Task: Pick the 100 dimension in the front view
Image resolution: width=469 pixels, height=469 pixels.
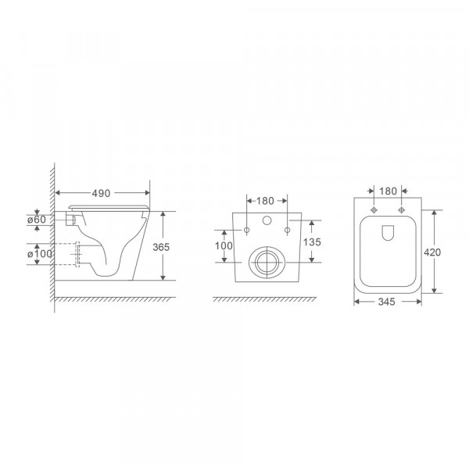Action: point(224,246)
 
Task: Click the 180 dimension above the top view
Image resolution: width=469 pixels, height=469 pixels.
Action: point(387,192)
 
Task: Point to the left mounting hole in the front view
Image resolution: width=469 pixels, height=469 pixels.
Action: point(247,230)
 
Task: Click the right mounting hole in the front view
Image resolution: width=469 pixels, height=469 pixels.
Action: point(287,230)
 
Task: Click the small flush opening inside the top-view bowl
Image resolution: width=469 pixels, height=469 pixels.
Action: point(388,232)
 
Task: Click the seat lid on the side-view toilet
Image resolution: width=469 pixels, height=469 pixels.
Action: point(109,206)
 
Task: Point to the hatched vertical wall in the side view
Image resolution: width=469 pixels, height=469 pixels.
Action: point(53,234)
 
